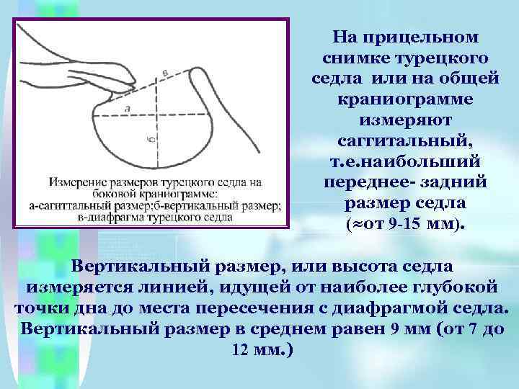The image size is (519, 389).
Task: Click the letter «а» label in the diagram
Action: tap(128, 109)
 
